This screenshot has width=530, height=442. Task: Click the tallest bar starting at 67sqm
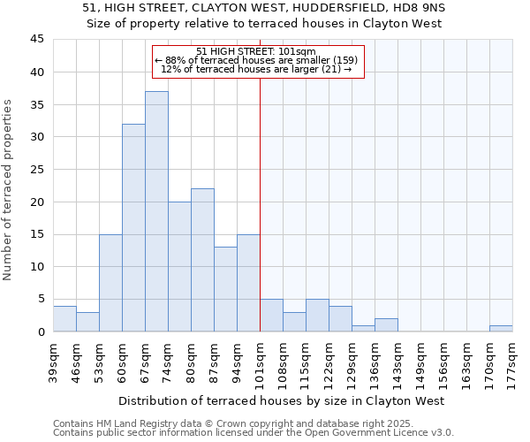156,211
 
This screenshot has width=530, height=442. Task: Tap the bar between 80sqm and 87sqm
202,260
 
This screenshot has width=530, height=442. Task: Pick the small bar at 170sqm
501,328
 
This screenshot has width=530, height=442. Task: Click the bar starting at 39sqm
64,318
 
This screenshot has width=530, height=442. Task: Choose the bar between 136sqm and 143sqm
386,324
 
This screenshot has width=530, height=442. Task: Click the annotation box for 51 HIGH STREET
258,60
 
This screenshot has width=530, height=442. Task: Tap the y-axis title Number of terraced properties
9,189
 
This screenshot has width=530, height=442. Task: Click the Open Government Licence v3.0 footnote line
253,433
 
